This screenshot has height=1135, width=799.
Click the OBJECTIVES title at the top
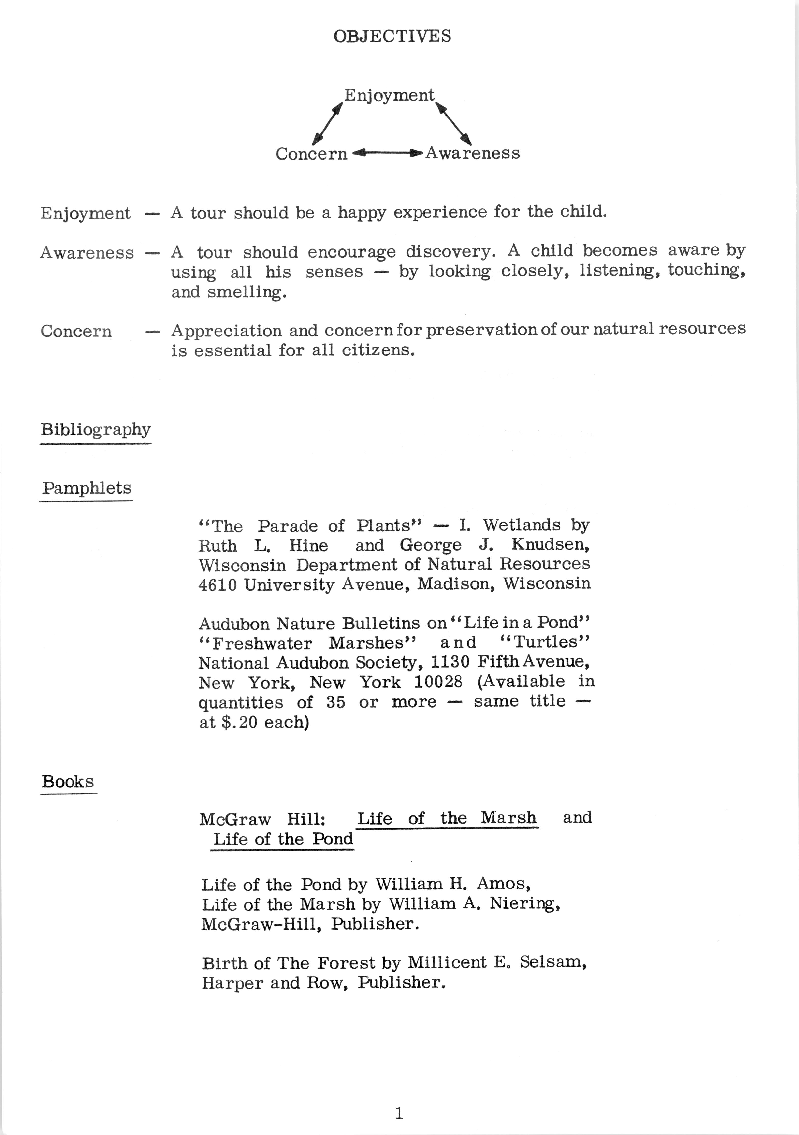[x=392, y=36]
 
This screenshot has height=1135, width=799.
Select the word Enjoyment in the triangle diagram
[x=389, y=95]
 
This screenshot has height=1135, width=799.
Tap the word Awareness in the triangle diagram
[x=473, y=153]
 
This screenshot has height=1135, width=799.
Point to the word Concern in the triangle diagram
[x=311, y=154]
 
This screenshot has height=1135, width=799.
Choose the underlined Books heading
[x=68, y=782]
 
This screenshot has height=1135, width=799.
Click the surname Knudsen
[x=550, y=544]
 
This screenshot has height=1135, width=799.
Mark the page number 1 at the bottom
[x=399, y=1113]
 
